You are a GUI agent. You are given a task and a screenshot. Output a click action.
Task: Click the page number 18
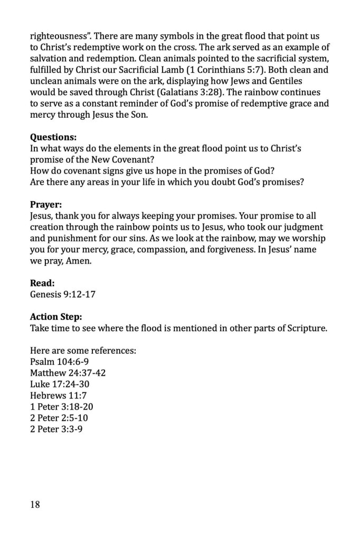(x=35, y=505)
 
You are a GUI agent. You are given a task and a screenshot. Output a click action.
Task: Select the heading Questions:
(x=53, y=137)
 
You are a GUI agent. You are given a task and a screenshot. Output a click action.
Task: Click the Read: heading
(x=42, y=283)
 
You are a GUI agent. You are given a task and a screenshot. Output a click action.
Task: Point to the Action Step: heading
(x=56, y=317)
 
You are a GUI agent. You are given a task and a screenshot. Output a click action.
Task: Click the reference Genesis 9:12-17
(x=63, y=295)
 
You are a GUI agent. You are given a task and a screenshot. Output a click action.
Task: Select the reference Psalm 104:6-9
(x=59, y=362)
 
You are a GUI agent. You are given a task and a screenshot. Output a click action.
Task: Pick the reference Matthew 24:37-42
(x=68, y=373)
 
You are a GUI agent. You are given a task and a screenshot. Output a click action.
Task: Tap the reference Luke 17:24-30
(x=59, y=384)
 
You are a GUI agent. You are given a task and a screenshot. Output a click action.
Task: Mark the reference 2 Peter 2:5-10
(x=59, y=418)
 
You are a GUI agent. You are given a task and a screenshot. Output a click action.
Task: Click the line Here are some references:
(x=83, y=351)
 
